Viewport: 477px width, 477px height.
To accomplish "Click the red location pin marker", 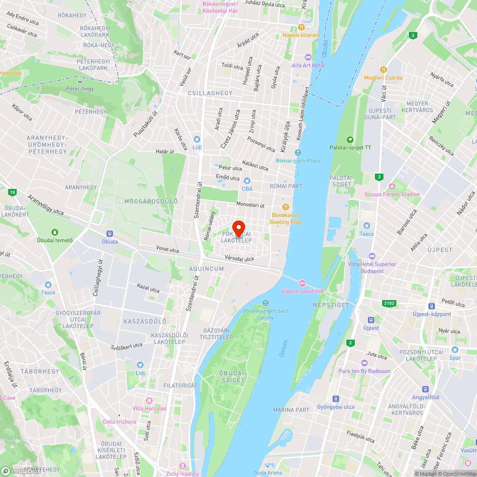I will (x=238, y=228).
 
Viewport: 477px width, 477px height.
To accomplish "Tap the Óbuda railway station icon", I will (x=110, y=234).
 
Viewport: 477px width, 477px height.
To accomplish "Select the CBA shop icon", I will (x=247, y=181).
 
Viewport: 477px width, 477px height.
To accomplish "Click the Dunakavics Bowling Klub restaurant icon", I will (x=286, y=207).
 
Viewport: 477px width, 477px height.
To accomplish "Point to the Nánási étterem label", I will (x=301, y=35).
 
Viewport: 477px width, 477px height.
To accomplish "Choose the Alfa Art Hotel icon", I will (x=308, y=57).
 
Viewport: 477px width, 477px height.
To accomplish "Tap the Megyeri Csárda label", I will (x=384, y=78).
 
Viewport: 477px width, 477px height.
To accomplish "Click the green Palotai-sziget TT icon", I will (x=351, y=140).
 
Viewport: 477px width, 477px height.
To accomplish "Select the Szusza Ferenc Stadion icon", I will (x=392, y=186).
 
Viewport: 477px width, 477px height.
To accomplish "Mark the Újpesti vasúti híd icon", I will (x=302, y=283).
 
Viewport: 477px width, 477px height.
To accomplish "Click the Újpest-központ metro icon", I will (x=432, y=306).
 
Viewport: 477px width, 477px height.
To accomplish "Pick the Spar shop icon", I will (x=455, y=350).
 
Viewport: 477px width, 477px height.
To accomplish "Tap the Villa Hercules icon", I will (x=149, y=400).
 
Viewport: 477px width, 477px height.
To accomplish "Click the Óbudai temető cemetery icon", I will (x=55, y=232).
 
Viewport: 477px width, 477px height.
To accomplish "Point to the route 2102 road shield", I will (x=390, y=303).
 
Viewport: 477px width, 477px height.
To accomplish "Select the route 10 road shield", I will (x=12, y=193).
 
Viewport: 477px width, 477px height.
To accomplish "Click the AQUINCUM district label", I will (x=207, y=269).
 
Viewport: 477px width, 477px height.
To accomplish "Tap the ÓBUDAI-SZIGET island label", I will (x=232, y=376).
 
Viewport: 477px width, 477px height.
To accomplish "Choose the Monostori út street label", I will (x=250, y=205).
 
